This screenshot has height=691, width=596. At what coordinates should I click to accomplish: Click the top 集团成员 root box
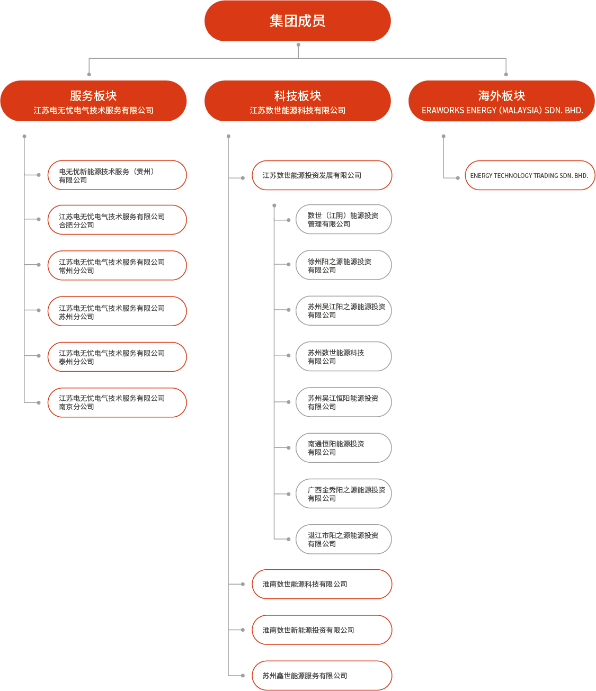coord(297,21)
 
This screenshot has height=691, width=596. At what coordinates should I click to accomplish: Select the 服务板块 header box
coord(93,101)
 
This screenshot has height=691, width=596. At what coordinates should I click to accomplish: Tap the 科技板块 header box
coord(297,101)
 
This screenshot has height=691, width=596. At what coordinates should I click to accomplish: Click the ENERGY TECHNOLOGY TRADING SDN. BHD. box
coord(529,175)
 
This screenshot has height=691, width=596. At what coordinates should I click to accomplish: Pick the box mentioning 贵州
coord(117,175)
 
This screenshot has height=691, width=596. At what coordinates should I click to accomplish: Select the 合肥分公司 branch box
coord(117,220)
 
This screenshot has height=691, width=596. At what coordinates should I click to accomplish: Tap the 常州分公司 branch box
coord(117,266)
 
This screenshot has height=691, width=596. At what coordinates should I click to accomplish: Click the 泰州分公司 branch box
coord(117,357)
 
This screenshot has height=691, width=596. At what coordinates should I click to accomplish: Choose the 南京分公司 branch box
coord(117,402)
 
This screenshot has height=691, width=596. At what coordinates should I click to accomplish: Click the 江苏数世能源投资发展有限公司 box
coord(322,175)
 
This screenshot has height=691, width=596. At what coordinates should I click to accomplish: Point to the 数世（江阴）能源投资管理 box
coord(343,219)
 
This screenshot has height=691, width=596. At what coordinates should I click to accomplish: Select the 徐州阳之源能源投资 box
coord(343,265)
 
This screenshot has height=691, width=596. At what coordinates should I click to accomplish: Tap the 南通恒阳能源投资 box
coord(343,448)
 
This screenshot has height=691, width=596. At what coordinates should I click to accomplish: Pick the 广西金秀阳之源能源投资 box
coord(343,494)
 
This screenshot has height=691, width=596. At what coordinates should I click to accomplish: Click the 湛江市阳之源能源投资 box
coord(343,540)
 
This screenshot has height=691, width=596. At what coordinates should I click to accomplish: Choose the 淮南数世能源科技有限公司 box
coord(322,584)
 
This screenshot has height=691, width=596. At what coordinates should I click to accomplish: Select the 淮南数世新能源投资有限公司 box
coord(322,630)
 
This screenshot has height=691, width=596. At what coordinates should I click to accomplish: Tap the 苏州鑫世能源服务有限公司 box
coord(322,676)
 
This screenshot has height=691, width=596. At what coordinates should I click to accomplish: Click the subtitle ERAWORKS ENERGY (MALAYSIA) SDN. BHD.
coord(502,111)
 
